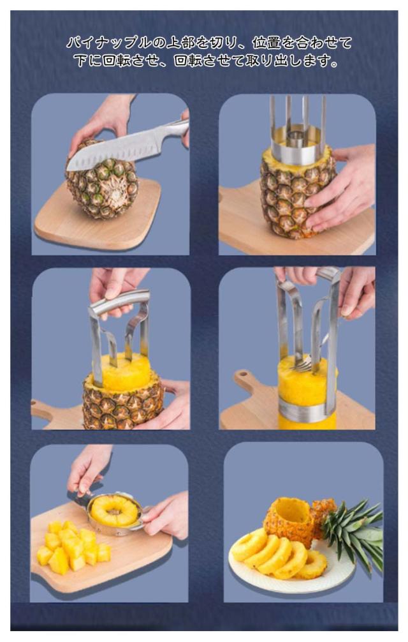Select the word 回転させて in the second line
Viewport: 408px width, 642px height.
tap(209, 61)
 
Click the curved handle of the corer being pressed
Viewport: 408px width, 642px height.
tap(119, 302)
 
